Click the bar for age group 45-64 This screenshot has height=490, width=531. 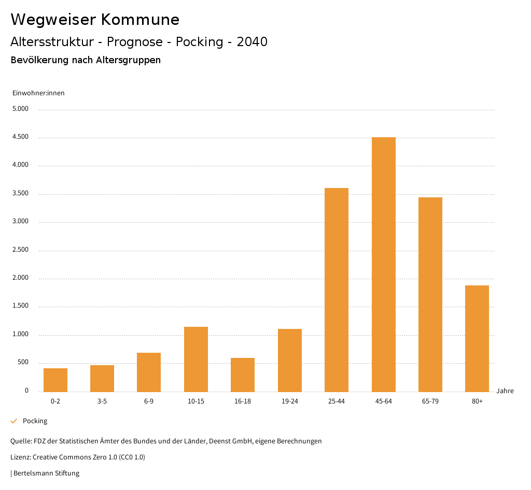(383, 264)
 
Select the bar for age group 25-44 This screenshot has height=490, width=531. (337, 290)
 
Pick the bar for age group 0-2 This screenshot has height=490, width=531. (55, 380)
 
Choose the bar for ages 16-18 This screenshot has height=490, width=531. (243, 374)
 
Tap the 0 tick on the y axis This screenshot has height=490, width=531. (26, 391)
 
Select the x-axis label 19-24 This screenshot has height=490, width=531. (290, 401)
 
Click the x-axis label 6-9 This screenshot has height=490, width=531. (149, 401)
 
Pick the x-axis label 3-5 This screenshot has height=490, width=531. (102, 401)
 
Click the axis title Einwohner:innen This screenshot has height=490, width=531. (38, 93)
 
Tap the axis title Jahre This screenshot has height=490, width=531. (505, 391)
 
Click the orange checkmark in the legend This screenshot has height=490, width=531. (14, 421)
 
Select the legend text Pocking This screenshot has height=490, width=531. (35, 421)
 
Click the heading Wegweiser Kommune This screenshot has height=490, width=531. (95, 20)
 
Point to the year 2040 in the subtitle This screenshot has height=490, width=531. (252, 42)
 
